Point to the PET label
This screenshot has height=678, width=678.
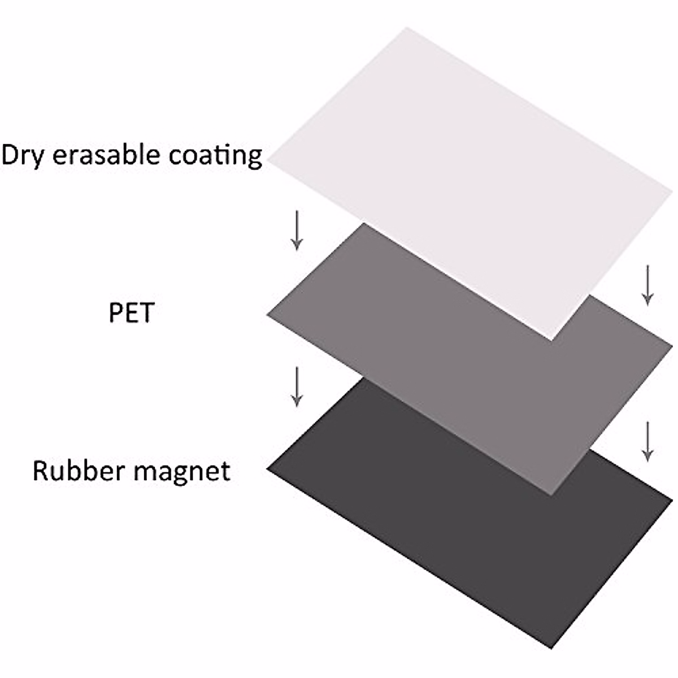(x=131, y=312)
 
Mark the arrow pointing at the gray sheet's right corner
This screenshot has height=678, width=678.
(x=648, y=285)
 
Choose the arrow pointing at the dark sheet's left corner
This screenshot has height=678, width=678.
(x=296, y=386)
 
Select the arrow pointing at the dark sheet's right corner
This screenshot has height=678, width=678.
(x=648, y=441)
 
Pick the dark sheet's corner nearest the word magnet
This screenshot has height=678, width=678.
(x=267, y=470)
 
